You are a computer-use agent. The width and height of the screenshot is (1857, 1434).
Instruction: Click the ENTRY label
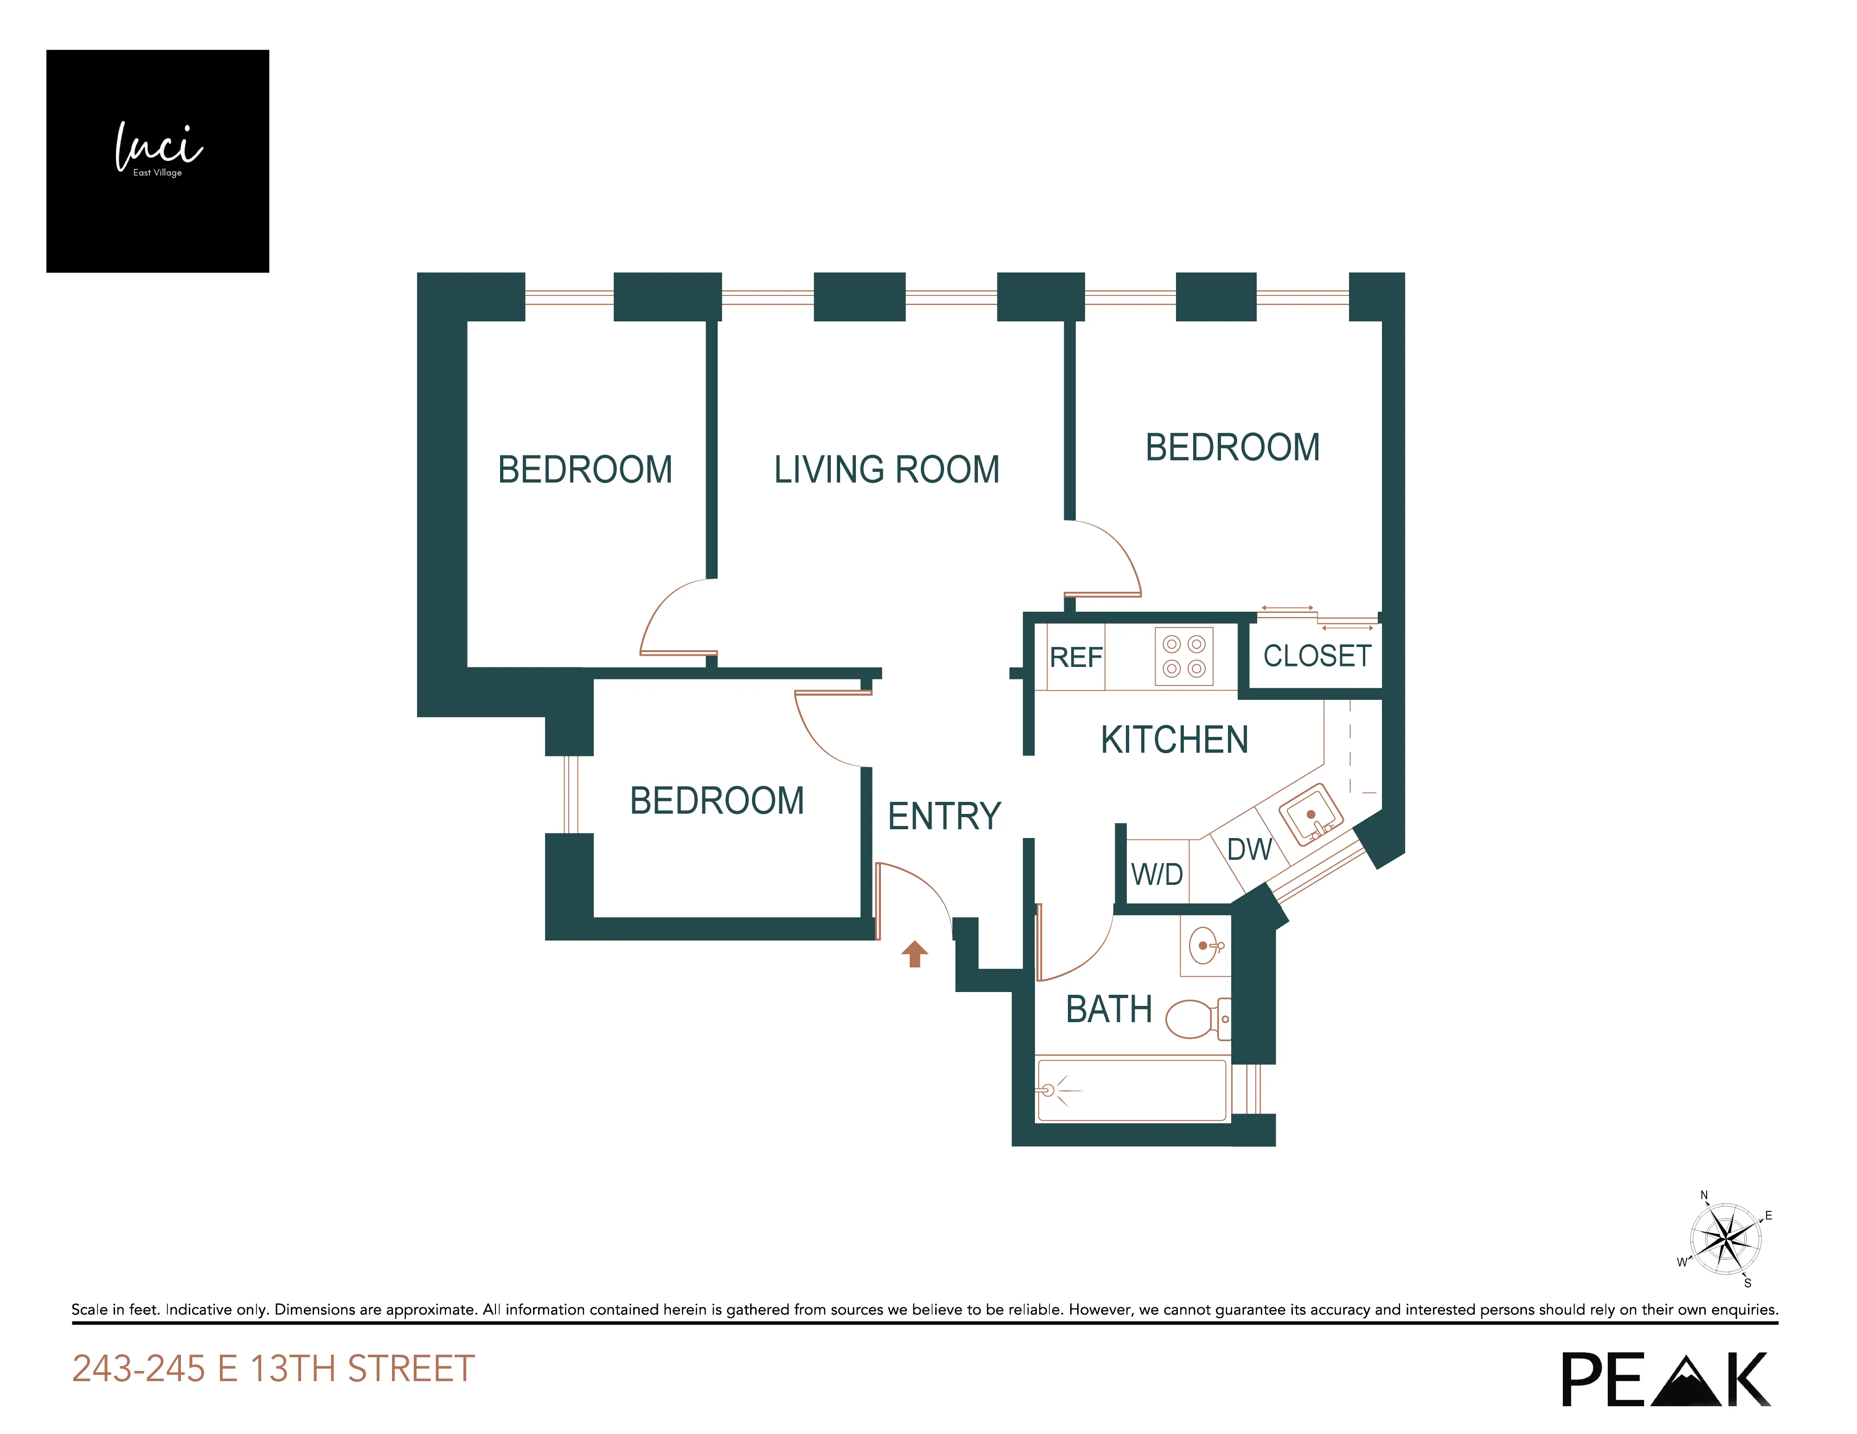coord(944,816)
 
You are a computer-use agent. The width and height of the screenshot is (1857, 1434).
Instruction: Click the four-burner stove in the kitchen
coord(1183,656)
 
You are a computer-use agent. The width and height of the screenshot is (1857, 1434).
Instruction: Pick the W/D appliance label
coord(1157,874)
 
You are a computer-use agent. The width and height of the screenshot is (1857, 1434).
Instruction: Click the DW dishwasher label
coord(1248,849)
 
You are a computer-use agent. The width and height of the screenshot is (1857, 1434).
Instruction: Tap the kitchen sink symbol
coord(1310,814)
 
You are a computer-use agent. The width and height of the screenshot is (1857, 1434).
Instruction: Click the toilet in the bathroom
coord(1195,1018)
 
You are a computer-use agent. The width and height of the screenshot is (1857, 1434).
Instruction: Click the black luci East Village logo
coord(157,160)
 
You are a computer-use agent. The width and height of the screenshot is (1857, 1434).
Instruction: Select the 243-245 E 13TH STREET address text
coord(273,1369)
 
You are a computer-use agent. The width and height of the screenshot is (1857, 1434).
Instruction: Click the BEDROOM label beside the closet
coord(1232,448)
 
